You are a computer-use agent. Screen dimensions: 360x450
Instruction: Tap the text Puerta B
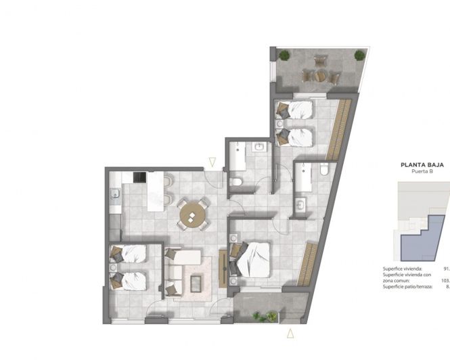click(422, 172)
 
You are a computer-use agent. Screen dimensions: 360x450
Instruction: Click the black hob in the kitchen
click(139, 178)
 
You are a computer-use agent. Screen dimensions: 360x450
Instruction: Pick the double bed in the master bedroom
click(252, 259)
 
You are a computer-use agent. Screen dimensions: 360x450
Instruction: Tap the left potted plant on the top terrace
click(284, 55)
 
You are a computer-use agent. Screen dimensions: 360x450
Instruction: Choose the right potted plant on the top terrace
click(359, 55)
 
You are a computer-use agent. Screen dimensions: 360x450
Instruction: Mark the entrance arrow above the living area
click(212, 162)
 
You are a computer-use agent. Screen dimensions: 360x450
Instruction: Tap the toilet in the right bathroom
click(323, 170)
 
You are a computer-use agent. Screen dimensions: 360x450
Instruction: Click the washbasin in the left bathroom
click(258, 147)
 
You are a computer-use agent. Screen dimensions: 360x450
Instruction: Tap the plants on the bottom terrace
click(265, 316)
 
